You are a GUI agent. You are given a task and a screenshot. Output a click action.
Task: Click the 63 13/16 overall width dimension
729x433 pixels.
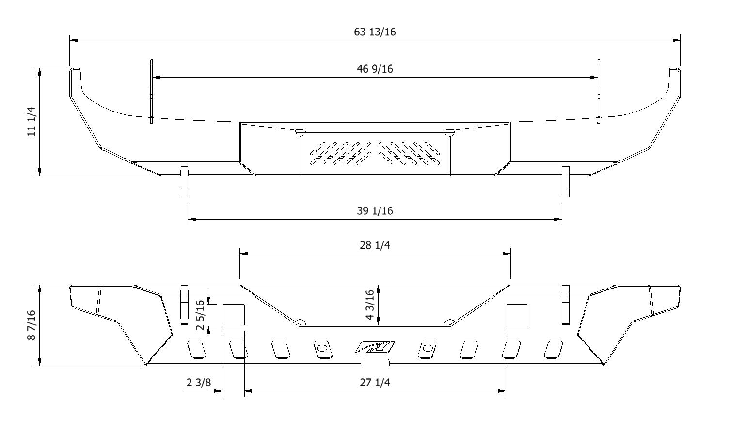[375, 32]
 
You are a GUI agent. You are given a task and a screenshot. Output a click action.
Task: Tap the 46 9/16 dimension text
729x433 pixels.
[375, 69]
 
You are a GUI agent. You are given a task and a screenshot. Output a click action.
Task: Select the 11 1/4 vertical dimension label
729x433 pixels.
[32, 121]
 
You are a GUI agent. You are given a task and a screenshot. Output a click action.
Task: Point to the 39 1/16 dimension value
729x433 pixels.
[375, 211]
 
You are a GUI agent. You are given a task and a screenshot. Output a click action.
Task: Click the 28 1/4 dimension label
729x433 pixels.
[375, 245]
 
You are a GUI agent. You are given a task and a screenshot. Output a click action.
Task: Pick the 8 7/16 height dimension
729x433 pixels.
[32, 325]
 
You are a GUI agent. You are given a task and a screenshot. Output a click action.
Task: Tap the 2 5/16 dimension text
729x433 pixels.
[201, 315]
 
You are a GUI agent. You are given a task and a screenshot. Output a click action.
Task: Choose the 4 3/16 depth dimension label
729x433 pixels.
[370, 305]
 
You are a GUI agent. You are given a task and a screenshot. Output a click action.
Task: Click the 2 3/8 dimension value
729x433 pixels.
[199, 383]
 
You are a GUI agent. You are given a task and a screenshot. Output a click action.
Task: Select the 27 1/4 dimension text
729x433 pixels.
[375, 383]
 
